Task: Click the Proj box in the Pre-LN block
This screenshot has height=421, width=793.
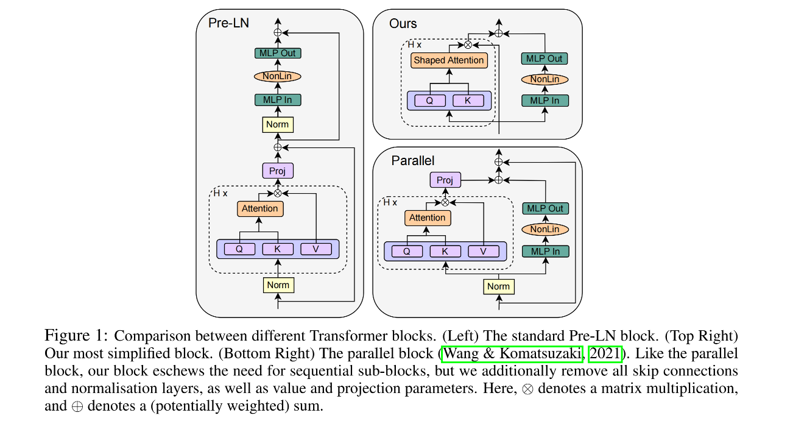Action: pos(278,171)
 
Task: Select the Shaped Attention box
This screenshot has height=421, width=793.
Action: pos(449,60)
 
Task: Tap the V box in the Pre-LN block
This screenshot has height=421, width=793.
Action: pos(316,249)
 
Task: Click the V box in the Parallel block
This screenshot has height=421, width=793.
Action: pos(484,251)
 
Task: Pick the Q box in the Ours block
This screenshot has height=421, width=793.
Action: pos(429,101)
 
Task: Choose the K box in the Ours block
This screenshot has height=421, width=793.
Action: pos(468,101)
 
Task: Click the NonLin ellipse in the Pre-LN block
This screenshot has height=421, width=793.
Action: pos(278,76)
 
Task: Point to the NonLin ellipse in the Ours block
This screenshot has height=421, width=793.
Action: pos(545,79)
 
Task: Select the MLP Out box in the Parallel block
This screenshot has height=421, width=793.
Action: pos(545,208)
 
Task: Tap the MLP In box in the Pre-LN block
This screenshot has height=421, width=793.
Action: pos(278,100)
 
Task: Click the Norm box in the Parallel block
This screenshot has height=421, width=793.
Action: pos(498,286)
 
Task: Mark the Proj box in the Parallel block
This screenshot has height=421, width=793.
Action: pos(445,180)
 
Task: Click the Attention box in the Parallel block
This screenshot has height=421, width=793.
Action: pos(428,218)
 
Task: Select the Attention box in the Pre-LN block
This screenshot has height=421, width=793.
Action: pos(260,208)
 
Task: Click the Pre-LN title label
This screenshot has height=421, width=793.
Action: pos(228,23)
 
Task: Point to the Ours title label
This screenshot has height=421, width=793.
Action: pos(403,24)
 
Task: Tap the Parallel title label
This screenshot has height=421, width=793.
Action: pos(413,161)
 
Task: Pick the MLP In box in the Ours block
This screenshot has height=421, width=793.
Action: pos(545,101)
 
